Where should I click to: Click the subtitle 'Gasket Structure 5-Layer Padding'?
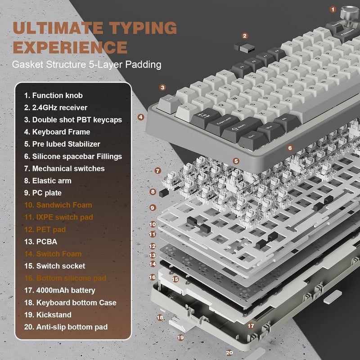point(86,64)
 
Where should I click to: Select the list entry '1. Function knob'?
point(54,95)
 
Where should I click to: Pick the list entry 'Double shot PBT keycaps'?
point(73,120)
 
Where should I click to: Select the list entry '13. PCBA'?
point(41,242)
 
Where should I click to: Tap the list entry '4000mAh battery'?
point(60,290)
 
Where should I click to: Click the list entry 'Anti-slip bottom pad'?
point(66,327)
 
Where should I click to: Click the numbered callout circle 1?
point(333,9)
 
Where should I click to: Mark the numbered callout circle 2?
point(245,36)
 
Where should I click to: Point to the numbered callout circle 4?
point(141,117)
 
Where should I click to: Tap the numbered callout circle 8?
point(153,192)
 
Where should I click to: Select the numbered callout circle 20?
point(229,353)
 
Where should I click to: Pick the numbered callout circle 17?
point(251,325)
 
